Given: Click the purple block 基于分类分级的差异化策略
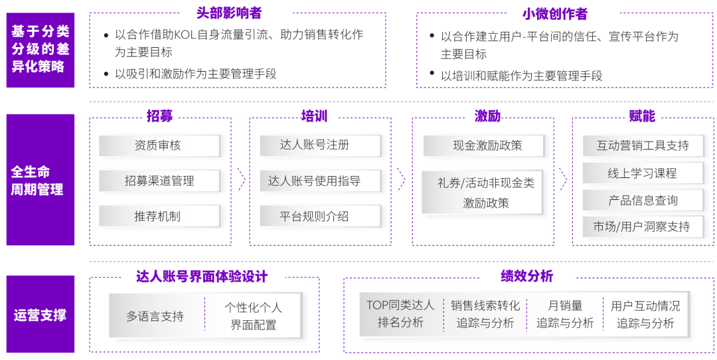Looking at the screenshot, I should (x=40, y=49).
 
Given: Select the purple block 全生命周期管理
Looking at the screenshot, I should (x=40, y=180).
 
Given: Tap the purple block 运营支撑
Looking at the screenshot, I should (x=40, y=314).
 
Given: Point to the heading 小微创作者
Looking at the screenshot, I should (x=555, y=14).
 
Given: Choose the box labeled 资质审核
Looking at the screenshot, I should (x=159, y=145).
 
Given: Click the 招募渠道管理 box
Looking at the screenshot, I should (x=159, y=181).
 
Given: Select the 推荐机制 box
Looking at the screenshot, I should (x=159, y=216).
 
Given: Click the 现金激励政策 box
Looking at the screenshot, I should (x=483, y=145).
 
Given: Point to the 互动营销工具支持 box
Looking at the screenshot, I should (x=642, y=145).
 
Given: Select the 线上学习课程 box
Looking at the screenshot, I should (x=642, y=173).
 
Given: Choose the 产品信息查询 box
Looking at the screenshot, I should (x=642, y=200).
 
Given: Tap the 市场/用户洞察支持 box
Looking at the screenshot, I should (x=642, y=226).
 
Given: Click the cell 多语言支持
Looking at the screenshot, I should (x=155, y=316).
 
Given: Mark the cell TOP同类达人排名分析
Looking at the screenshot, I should (x=400, y=314).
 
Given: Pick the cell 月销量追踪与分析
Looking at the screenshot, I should (x=565, y=314).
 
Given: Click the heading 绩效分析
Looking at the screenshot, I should (x=526, y=276).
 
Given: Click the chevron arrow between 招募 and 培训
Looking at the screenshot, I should (x=240, y=179).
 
